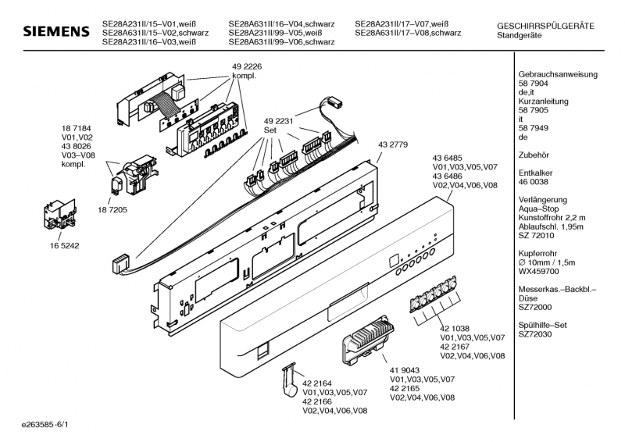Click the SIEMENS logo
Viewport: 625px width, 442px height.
(56, 31)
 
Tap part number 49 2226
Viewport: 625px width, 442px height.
(247, 66)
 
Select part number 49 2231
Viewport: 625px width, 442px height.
(278, 121)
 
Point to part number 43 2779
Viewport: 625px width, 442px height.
(393, 144)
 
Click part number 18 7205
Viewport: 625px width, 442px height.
(112, 210)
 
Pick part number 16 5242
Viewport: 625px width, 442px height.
(64, 246)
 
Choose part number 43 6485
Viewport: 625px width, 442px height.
(447, 159)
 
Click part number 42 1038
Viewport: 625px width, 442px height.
(455, 329)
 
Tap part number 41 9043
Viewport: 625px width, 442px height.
(404, 370)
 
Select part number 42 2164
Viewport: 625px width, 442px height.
(317, 383)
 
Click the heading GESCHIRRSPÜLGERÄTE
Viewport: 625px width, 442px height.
(545, 27)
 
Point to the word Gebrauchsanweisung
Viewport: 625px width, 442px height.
(558, 74)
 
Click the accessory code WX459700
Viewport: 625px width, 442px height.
(538, 272)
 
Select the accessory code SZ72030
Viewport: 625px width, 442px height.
(535, 334)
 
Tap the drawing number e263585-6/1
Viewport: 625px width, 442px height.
(45, 425)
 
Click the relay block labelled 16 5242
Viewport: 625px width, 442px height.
(60, 214)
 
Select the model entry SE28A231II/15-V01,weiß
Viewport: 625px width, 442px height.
(149, 24)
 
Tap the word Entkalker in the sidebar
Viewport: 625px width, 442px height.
(535, 173)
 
